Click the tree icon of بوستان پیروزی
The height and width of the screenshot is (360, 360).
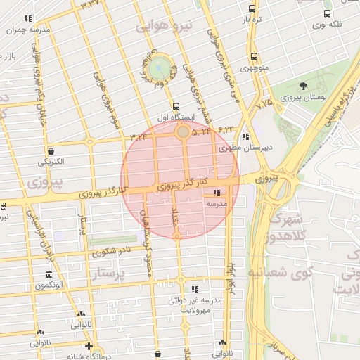303,86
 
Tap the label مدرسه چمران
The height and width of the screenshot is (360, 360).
28,30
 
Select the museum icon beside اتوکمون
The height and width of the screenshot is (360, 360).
48,274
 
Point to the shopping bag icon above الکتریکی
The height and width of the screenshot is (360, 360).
51,150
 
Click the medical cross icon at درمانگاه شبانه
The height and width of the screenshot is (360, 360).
88,345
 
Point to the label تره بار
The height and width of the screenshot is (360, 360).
252,20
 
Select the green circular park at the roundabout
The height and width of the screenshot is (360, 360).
160,67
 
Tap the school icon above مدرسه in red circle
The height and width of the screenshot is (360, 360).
216,192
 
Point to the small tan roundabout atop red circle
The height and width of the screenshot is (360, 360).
182,131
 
